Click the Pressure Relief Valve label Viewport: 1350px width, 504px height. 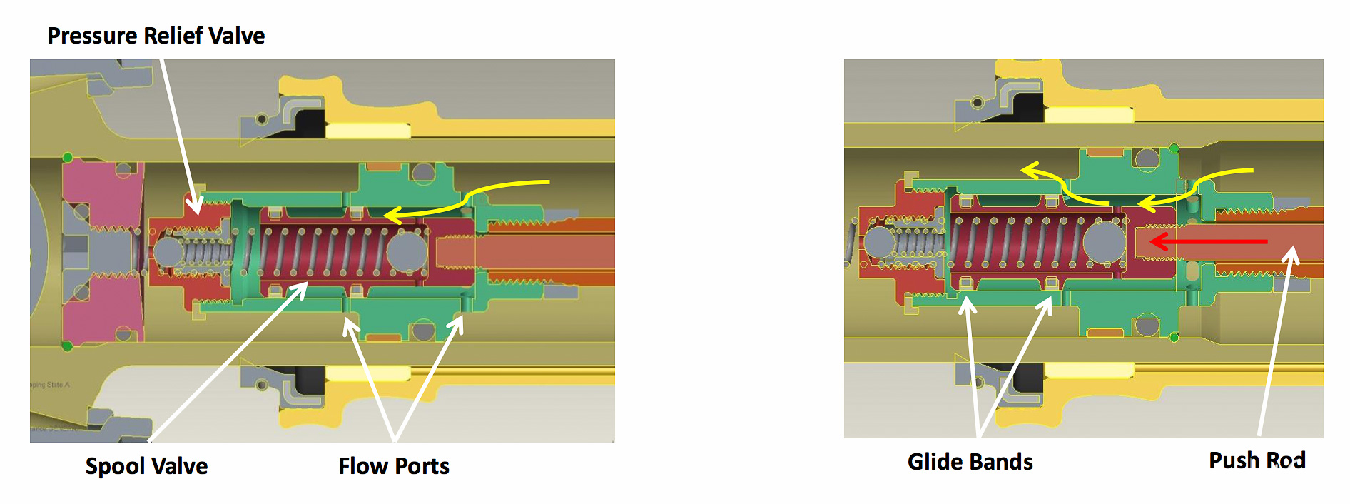pos(156,35)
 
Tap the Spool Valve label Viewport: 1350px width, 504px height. pos(146,465)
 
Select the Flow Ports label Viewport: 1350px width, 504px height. pos(393,465)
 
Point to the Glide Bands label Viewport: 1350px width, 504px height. pos(970,461)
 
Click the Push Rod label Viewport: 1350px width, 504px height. pos(1257,460)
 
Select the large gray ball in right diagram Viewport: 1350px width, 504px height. pos(1104,241)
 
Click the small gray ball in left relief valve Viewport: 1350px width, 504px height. pos(168,252)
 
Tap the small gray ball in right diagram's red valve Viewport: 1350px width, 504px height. pos(878,242)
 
